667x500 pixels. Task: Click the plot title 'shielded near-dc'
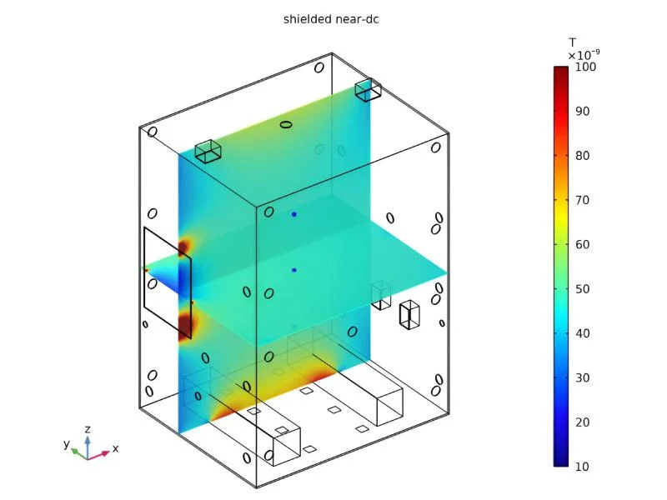point(331,19)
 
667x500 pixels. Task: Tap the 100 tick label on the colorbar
point(585,67)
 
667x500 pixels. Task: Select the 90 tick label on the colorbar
point(582,112)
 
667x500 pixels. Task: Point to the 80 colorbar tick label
point(582,156)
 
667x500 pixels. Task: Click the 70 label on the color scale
point(582,200)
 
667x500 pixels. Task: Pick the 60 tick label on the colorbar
point(582,244)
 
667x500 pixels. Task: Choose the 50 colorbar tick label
point(582,289)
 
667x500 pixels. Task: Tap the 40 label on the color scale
point(582,333)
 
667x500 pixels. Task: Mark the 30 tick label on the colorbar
point(582,378)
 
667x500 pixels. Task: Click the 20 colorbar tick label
point(582,422)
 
